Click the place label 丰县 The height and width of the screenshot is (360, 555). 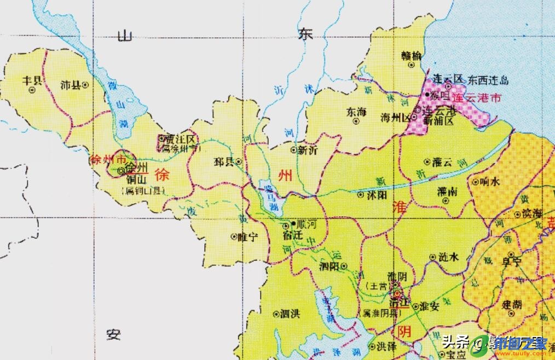(31, 80)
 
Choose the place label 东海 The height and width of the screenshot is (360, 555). (356, 112)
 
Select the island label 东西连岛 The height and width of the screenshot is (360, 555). (488, 80)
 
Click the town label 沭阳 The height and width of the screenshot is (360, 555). (373, 194)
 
